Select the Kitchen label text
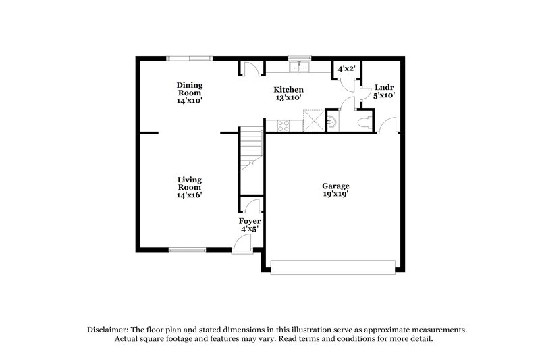288,90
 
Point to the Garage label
335,186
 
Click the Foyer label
250,221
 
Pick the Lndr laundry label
384,87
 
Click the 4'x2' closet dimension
346,68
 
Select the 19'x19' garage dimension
335,194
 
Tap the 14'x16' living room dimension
190,195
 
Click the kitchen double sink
298,67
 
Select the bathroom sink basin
332,122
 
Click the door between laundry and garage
389,126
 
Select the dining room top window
190,57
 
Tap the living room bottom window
187,251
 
